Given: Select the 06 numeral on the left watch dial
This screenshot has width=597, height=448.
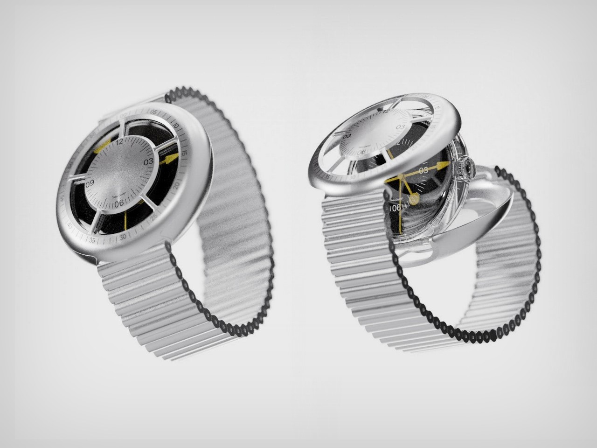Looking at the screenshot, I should [x=119, y=202].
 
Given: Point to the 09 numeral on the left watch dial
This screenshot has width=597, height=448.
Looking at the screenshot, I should [x=90, y=183].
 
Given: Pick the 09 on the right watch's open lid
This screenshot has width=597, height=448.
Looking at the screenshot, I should [x=347, y=137].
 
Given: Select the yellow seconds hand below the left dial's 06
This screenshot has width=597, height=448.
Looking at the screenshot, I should [x=125, y=219].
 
